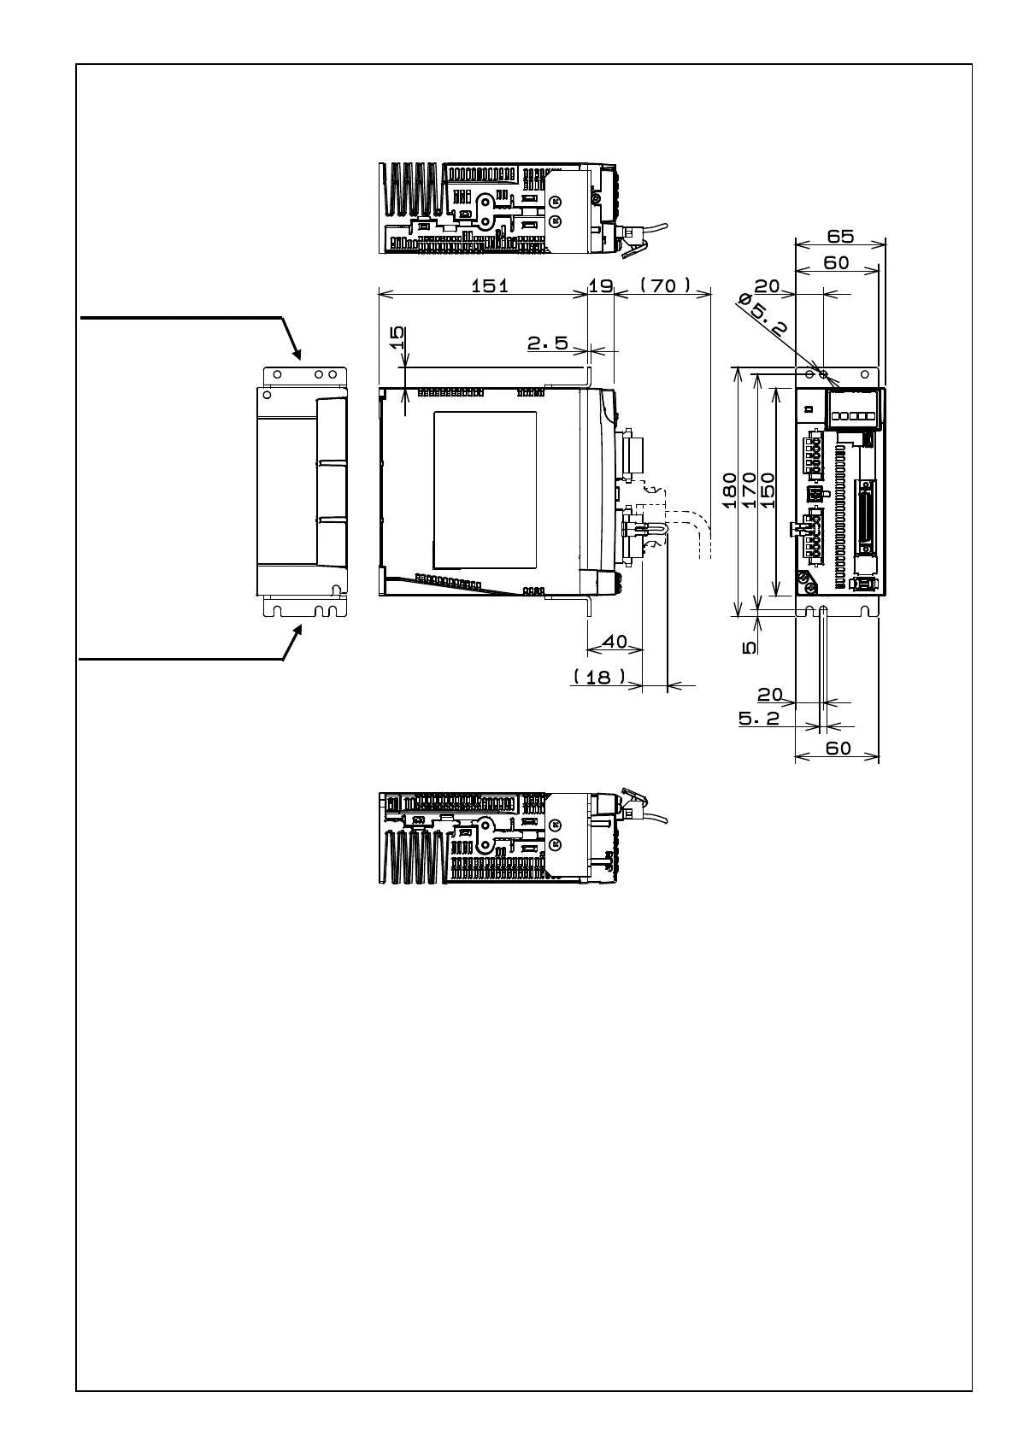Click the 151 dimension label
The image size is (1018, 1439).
coord(490,285)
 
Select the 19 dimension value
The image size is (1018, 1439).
coord(601,285)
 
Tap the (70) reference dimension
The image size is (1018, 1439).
coord(665,285)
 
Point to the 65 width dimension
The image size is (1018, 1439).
coord(840,236)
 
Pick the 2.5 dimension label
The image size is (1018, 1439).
coord(548,343)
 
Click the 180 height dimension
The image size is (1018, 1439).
coord(730,490)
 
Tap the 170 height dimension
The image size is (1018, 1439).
coord(749,490)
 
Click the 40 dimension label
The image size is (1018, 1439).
coord(615,642)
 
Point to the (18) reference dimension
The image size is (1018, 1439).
coord(599,677)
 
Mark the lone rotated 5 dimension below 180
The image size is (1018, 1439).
coord(750,648)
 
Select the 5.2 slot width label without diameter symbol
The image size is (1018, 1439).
coord(759,719)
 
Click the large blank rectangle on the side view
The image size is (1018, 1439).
coord(485,490)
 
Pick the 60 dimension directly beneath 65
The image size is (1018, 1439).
coord(836,263)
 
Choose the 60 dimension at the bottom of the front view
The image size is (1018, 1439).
coord(839,749)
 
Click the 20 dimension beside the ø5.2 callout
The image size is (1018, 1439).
coord(767,286)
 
